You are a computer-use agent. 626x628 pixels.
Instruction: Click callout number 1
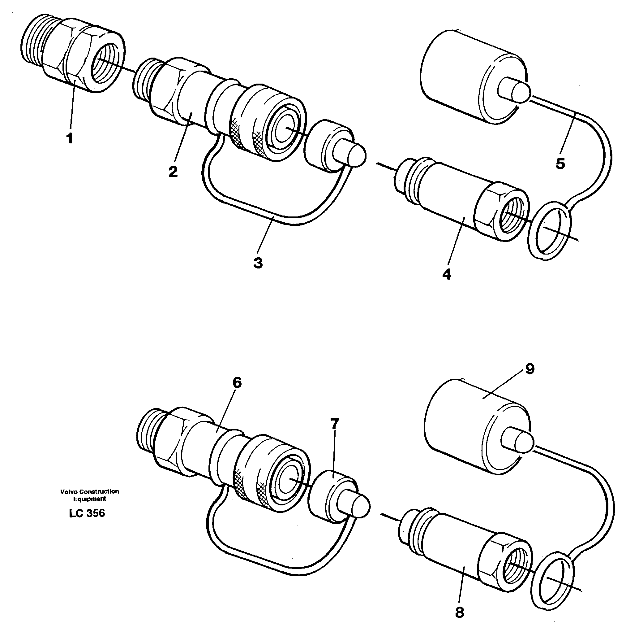(69, 138)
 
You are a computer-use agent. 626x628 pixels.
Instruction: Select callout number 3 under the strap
(258, 263)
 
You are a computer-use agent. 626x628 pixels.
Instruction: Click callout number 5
(560, 164)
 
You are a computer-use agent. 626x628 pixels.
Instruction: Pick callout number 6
(237, 383)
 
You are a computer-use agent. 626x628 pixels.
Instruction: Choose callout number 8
(459, 613)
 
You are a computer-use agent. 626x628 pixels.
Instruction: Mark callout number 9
(530, 369)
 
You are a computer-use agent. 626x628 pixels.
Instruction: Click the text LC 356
(87, 513)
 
